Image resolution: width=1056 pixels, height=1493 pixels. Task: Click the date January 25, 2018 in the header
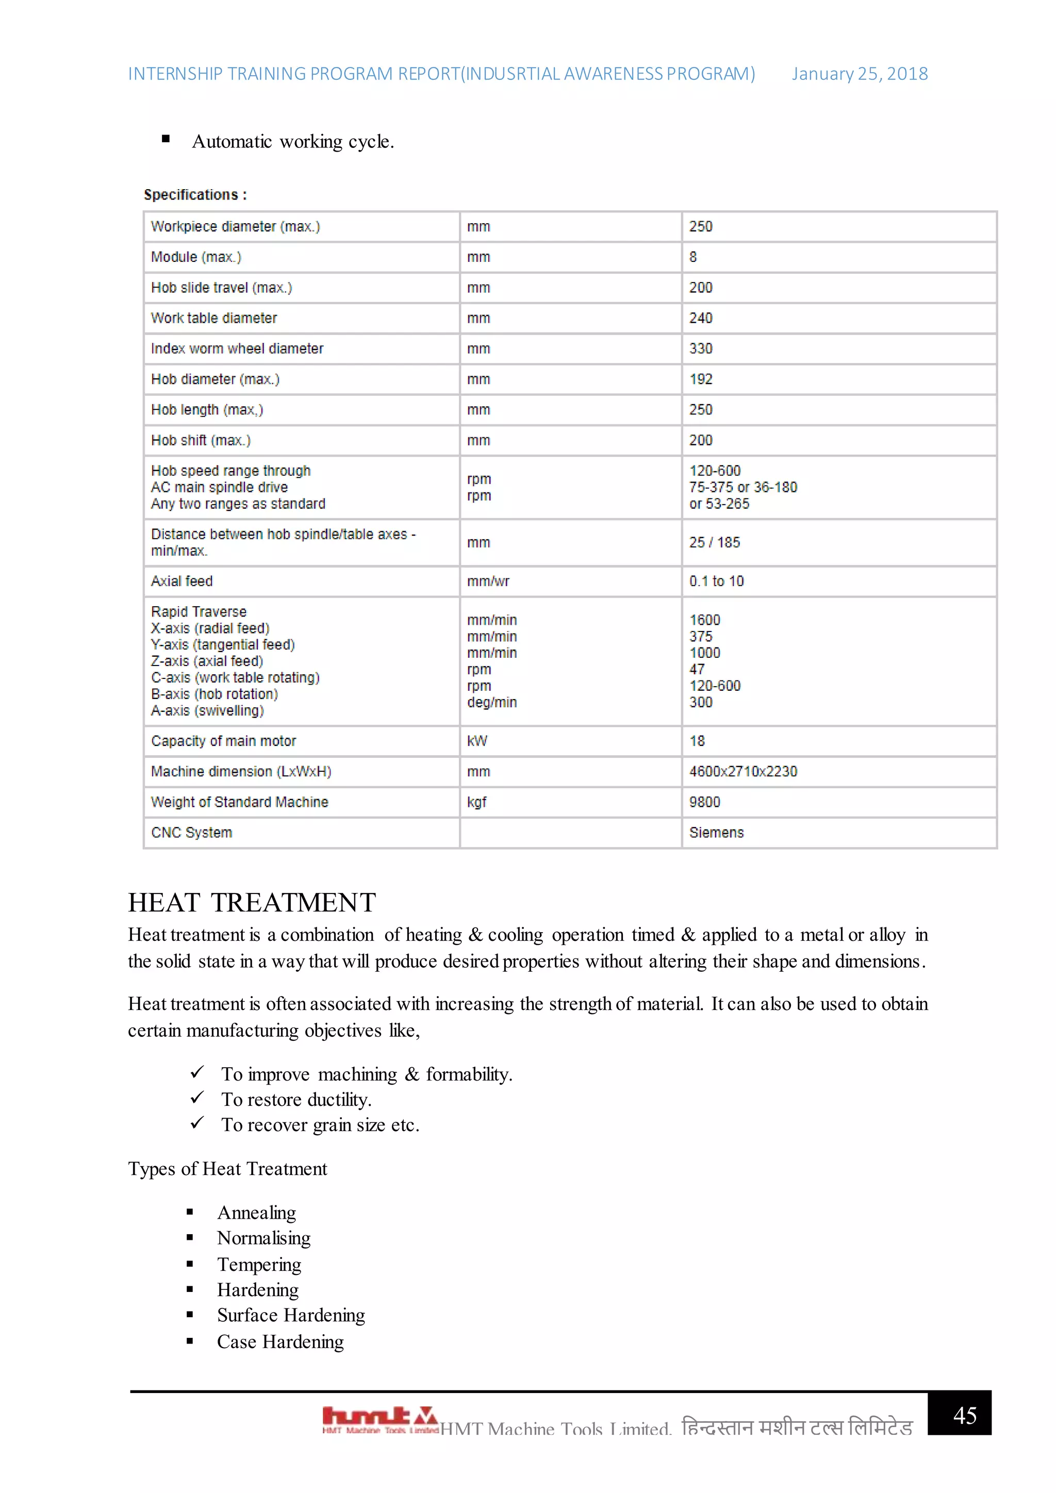[x=859, y=74]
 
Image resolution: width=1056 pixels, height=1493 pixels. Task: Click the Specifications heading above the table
[x=195, y=195]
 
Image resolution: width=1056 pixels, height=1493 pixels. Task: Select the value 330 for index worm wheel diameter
[x=701, y=349]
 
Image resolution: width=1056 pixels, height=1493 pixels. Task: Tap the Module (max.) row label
[x=196, y=257]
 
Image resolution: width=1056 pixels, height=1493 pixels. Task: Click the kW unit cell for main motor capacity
[x=476, y=741]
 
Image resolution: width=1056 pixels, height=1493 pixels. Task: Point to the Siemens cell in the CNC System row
[x=716, y=833]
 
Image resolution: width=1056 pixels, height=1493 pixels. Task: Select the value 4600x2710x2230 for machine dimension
[x=742, y=772]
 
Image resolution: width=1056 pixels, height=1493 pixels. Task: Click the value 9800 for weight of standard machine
[x=704, y=802]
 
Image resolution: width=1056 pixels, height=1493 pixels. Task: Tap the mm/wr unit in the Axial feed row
[x=488, y=582]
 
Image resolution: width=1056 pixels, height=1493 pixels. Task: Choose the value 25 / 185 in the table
[x=714, y=542]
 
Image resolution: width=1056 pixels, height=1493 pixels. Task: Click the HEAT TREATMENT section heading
[x=252, y=903]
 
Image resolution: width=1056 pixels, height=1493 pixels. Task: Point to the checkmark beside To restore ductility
[x=197, y=1098]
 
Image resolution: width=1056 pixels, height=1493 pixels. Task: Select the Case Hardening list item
[x=280, y=1341]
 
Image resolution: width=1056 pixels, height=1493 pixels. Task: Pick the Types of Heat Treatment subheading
[x=227, y=1169]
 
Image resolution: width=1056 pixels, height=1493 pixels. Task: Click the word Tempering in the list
[x=259, y=1265]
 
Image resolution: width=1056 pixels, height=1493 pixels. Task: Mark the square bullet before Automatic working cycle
[x=166, y=139]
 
